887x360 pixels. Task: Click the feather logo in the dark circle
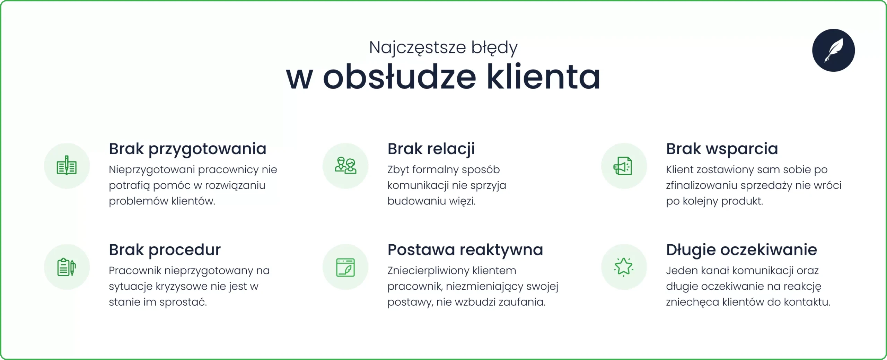pos(833,50)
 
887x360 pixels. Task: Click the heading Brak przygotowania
pos(187,149)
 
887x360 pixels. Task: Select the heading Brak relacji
pos(431,149)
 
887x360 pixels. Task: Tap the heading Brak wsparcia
pos(722,149)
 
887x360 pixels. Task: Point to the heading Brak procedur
pos(165,250)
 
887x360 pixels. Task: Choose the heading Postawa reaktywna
pos(465,250)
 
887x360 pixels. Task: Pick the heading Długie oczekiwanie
pos(741,250)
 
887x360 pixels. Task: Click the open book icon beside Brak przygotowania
pos(67,166)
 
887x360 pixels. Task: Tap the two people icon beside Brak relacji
pos(345,166)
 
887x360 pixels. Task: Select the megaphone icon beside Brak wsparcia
pos(623,166)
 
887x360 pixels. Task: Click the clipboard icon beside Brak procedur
pos(67,267)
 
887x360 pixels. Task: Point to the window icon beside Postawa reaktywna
pos(345,267)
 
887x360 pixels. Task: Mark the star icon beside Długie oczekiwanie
pos(623,267)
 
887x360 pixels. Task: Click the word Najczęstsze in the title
pos(417,47)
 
